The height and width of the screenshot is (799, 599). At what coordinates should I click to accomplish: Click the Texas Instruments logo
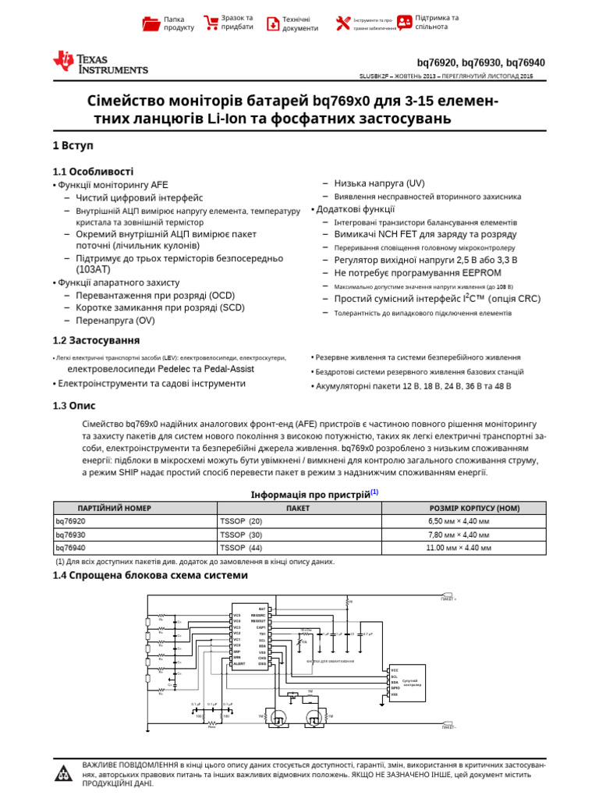pos(99,63)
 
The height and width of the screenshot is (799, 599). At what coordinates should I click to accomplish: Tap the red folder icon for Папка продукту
pos(151,23)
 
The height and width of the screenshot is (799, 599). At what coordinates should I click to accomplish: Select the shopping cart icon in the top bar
pos(210,23)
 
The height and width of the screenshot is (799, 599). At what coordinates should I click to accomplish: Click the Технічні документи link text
pos(300,23)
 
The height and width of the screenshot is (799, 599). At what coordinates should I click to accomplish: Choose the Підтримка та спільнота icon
pos(405,23)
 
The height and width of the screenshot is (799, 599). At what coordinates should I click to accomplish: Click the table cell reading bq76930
pos(70,534)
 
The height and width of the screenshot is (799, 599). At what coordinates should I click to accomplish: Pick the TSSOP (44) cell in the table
pos(242,548)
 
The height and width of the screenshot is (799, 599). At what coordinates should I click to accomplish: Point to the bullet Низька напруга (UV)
pos(379,183)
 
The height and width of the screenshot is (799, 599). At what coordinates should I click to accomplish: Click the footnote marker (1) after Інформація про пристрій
pos(374,492)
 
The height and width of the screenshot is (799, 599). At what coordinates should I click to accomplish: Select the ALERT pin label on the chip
pos(239,664)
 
